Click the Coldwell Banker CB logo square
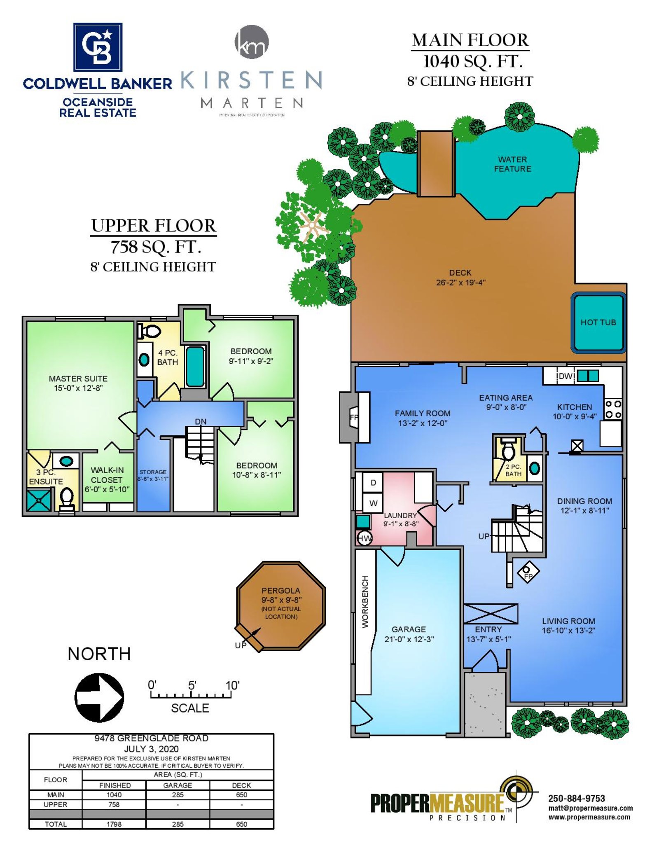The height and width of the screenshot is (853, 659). pyautogui.click(x=98, y=47)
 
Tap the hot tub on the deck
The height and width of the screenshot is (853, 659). pyautogui.click(x=598, y=323)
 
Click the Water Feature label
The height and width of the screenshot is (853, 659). pyautogui.click(x=512, y=164)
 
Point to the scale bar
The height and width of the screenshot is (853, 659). pyautogui.click(x=190, y=696)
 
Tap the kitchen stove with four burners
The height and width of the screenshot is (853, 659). pyautogui.click(x=613, y=409)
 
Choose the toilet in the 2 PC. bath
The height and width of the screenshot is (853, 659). pyautogui.click(x=509, y=449)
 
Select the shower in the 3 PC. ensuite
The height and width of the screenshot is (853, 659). pyautogui.click(x=40, y=500)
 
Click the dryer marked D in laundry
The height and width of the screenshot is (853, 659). pyautogui.click(x=373, y=482)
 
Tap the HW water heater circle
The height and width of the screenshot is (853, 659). pyautogui.click(x=364, y=538)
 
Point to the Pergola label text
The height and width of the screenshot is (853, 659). pyautogui.click(x=281, y=591)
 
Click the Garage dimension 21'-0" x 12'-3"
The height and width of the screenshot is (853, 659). pyautogui.click(x=409, y=639)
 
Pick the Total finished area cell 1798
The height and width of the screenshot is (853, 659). pyautogui.click(x=114, y=824)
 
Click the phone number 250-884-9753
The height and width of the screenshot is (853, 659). pyautogui.click(x=577, y=798)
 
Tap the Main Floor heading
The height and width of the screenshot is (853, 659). pyautogui.click(x=470, y=40)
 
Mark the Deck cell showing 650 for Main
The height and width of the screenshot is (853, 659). pyautogui.click(x=241, y=795)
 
